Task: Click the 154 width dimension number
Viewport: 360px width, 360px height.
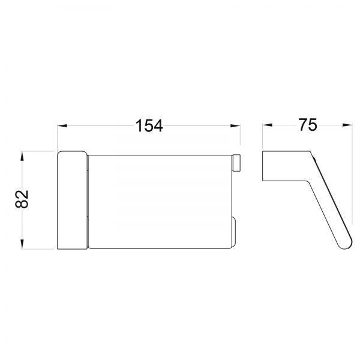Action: (149, 126)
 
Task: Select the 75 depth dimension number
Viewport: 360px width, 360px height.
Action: (308, 125)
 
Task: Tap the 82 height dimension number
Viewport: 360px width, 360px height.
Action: (22, 199)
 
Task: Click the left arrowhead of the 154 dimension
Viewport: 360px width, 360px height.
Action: (62, 126)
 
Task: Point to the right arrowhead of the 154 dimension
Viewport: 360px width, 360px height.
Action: (235, 126)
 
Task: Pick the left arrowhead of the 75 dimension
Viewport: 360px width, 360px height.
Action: (268, 125)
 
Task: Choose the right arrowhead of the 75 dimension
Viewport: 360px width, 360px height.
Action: (347, 125)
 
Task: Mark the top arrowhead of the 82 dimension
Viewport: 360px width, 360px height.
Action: (22, 156)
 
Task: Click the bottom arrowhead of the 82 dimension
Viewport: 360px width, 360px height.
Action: (22, 244)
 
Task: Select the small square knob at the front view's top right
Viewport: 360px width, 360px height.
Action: (236, 163)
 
